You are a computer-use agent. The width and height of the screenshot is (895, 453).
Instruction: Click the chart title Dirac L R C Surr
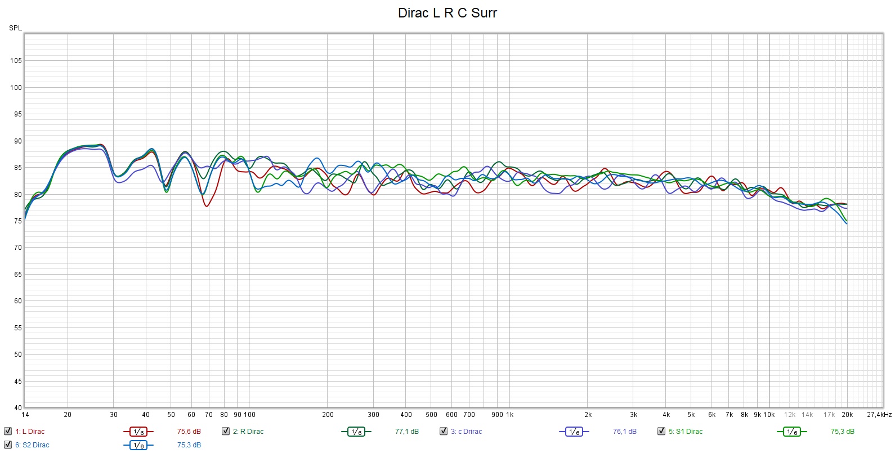click(447, 13)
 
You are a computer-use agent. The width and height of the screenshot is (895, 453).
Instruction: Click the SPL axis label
click(15, 28)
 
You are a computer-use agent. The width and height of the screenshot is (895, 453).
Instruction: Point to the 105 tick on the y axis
click(16, 61)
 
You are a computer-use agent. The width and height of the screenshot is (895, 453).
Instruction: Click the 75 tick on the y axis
click(17, 221)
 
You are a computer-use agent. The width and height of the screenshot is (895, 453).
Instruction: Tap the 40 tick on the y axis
click(17, 408)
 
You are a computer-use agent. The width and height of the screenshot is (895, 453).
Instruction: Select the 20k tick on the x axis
click(847, 415)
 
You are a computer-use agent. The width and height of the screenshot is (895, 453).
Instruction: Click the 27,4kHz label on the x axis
click(879, 415)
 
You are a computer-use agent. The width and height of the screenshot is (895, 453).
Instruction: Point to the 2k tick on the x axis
click(588, 415)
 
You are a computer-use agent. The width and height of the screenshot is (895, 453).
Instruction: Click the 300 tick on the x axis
click(373, 415)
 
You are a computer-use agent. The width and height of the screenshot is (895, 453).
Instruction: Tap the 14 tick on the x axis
click(25, 415)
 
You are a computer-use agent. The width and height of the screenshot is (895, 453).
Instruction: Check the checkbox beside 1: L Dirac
click(8, 432)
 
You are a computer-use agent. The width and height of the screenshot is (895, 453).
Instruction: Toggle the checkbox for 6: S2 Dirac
click(8, 445)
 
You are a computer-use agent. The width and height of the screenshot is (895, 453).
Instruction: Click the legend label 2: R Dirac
click(248, 432)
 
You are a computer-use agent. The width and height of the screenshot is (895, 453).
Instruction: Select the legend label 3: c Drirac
click(466, 432)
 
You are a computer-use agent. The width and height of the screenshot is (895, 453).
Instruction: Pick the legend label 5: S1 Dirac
click(686, 432)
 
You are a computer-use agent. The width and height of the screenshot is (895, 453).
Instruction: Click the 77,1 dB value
click(406, 432)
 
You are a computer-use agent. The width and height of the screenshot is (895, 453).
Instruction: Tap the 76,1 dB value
click(624, 432)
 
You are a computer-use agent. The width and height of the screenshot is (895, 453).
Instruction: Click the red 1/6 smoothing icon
click(138, 432)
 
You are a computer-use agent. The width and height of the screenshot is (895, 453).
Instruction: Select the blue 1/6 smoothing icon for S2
click(138, 445)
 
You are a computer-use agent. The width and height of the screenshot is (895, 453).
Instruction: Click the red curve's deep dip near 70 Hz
click(207, 206)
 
